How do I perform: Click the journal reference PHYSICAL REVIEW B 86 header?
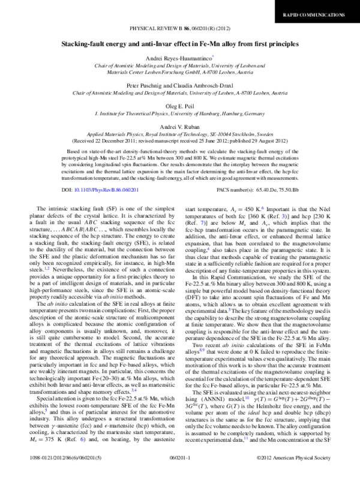[x=179, y=29]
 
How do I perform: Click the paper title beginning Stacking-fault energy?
[x=179, y=44]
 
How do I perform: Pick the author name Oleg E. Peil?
[x=179, y=104]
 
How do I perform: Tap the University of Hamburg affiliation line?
[x=179, y=112]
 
